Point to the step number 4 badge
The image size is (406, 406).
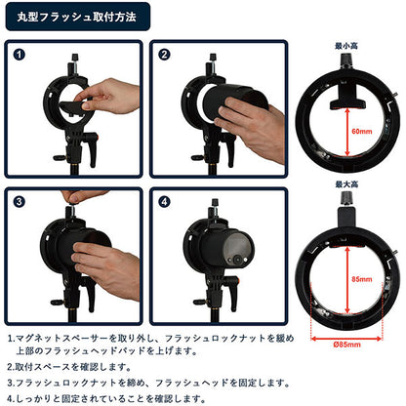[x=164, y=202]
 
